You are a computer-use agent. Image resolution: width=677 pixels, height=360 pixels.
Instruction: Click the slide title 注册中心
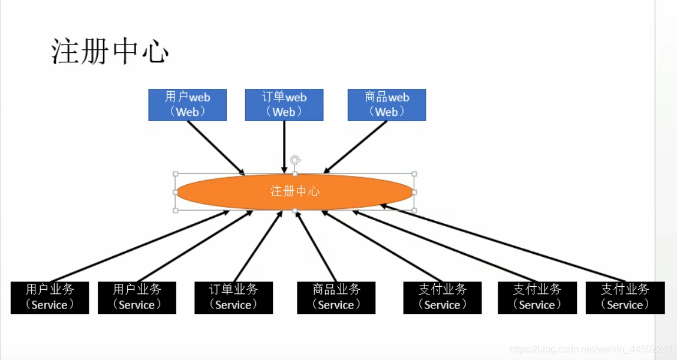coord(110,52)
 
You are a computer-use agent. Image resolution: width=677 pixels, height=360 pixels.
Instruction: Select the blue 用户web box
coord(187,104)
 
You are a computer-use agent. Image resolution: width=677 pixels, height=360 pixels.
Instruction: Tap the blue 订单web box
coord(284,104)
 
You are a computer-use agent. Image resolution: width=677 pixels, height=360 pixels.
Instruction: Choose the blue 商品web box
coord(386,104)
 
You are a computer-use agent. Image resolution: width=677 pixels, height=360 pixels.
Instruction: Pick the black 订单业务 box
coord(233,298)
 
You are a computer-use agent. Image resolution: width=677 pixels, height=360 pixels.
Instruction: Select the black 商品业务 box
coord(336,298)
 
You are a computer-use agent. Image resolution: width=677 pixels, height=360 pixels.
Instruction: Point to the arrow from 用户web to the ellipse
coord(216,148)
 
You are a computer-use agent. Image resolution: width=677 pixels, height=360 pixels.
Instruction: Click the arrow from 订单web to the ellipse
coord(284,147)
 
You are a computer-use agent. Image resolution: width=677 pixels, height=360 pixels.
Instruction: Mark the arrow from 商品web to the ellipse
coord(356,147)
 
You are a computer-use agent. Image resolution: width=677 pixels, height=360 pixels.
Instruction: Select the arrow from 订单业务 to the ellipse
coord(258,246)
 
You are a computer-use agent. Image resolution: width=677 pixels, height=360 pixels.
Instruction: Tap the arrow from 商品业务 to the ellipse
coord(316,246)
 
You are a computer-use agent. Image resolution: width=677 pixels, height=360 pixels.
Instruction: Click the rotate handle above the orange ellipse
coord(295,160)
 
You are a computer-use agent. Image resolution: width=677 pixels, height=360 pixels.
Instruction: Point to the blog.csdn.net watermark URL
coord(591,349)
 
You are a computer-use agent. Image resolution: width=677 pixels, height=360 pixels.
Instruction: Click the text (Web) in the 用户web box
coord(187,112)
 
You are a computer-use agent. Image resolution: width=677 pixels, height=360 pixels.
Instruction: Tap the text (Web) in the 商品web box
coord(386,112)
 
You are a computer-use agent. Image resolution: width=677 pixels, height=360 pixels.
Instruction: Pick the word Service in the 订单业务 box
coord(233,305)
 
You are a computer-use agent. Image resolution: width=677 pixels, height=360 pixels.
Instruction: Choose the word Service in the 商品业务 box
coord(336,305)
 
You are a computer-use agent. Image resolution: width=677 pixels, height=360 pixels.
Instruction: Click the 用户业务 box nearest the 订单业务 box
coord(137,298)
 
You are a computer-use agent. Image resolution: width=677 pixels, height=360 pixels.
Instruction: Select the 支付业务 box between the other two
coord(537,298)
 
